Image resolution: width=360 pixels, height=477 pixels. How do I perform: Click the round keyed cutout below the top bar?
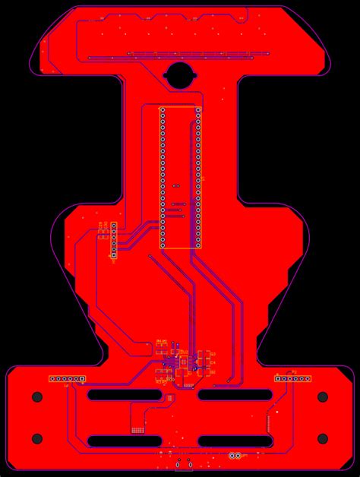(x=180, y=75)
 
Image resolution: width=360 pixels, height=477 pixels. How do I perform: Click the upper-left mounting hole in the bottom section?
(x=37, y=396)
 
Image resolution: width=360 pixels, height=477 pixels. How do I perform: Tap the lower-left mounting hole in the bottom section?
(x=37, y=438)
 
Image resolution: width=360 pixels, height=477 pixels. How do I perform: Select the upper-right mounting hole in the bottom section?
(x=322, y=396)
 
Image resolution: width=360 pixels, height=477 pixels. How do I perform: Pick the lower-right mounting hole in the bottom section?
(x=322, y=438)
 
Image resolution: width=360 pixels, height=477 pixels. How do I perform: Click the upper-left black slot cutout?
(x=125, y=395)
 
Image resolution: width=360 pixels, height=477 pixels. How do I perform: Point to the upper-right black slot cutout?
(x=235, y=395)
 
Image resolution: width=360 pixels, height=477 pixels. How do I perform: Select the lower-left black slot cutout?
(x=125, y=441)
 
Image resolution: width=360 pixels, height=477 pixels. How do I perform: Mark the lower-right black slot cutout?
(x=235, y=441)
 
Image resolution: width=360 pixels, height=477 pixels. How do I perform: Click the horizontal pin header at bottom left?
(x=67, y=378)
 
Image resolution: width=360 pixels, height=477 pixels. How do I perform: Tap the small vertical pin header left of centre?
(x=113, y=241)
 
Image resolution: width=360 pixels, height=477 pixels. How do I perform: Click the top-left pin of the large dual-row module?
(x=162, y=111)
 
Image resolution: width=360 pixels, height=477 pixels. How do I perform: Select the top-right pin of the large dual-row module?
(x=198, y=111)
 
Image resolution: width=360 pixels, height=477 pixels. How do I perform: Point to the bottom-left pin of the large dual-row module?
(x=162, y=245)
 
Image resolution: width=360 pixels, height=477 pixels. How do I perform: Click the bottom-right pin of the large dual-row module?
(x=198, y=245)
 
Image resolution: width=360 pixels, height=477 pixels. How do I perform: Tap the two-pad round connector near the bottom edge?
(x=235, y=456)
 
